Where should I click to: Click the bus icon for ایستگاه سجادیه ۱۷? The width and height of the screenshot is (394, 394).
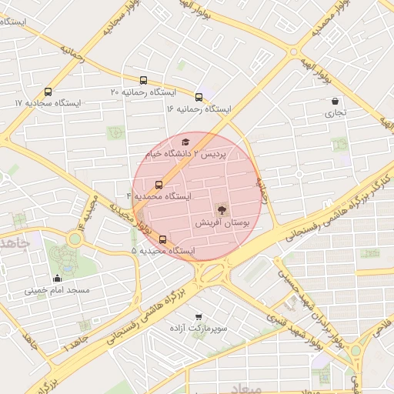click(x=49, y=91)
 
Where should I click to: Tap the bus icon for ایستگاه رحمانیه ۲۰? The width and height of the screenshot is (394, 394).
click(x=144, y=80)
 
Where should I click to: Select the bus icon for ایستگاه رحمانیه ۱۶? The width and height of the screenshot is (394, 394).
click(x=199, y=97)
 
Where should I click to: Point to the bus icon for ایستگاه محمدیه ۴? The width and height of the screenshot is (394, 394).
click(x=159, y=185)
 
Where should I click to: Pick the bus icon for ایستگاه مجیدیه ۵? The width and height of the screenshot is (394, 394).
click(x=162, y=239)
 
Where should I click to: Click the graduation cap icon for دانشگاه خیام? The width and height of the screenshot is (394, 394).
click(x=185, y=142)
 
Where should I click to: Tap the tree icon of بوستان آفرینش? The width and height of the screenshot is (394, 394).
click(x=222, y=209)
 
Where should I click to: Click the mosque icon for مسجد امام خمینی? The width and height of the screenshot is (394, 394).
click(x=57, y=278)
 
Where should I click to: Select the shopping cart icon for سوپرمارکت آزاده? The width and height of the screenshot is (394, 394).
click(x=199, y=316)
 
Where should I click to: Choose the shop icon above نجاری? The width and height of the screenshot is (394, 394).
click(x=336, y=101)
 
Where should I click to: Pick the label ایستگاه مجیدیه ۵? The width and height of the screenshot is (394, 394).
click(x=163, y=251)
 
